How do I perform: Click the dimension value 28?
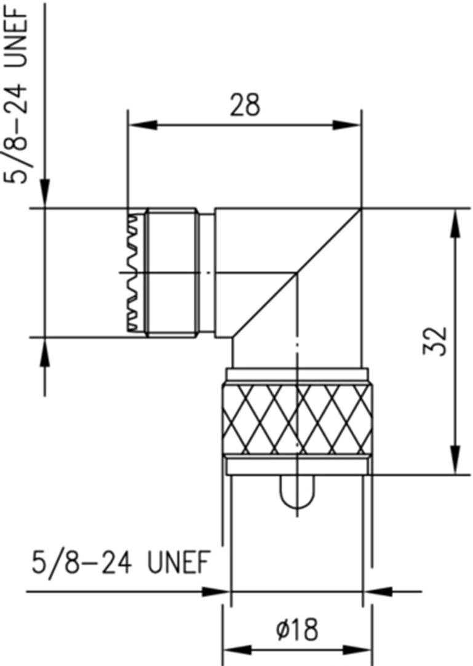245,105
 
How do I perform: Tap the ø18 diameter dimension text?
298,630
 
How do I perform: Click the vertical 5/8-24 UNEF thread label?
22,92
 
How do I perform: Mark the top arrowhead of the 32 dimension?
455,222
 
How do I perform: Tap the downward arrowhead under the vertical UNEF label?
44,193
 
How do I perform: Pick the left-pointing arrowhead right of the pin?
377,592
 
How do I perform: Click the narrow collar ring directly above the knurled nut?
298,374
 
